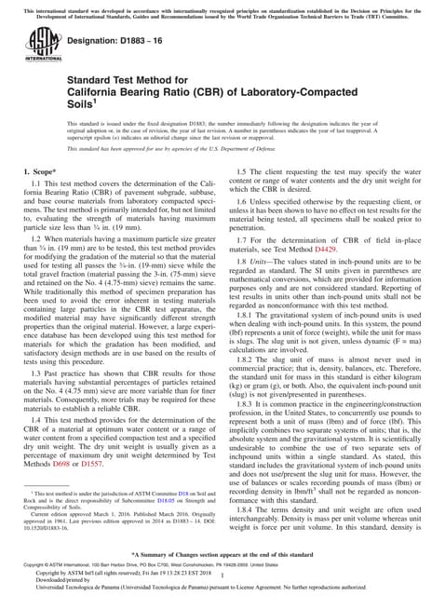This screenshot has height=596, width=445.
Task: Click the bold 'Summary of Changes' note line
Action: tap(222, 554)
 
